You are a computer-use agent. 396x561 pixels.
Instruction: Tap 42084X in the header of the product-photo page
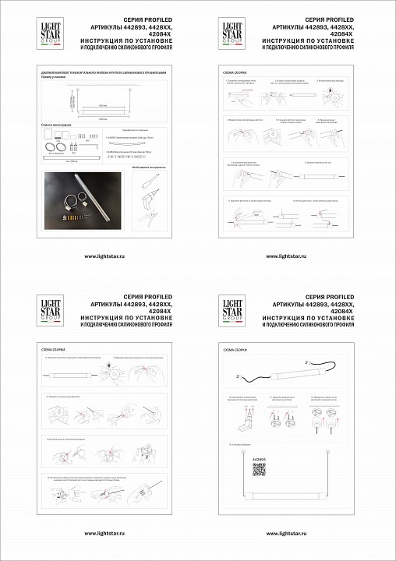click(x=150, y=33)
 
